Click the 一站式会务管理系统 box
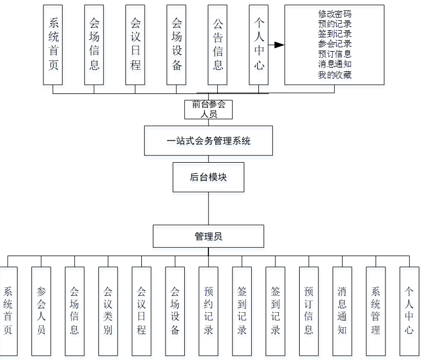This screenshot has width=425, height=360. (208, 141)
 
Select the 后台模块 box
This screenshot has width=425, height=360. (208, 177)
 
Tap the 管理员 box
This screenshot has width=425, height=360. (208, 236)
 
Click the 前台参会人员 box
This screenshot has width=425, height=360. (208, 109)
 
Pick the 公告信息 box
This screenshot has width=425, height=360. (218, 45)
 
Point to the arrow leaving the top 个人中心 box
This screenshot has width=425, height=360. (275, 45)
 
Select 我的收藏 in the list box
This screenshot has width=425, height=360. (334, 75)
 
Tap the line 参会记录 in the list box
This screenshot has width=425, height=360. (334, 45)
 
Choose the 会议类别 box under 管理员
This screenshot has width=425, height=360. (108, 311)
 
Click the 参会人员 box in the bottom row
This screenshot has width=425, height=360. (41, 311)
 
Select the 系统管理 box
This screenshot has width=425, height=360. (376, 311)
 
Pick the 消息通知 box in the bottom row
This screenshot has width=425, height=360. (343, 311)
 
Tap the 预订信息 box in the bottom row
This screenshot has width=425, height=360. (309, 311)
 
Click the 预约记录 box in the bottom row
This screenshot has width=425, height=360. (208, 311)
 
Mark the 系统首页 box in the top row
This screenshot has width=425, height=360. (53, 45)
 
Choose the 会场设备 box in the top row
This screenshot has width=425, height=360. (176, 45)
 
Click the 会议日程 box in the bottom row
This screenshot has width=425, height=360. (142, 311)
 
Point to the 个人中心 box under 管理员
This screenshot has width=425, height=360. (409, 311)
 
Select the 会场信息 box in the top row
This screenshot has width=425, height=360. (95, 45)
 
